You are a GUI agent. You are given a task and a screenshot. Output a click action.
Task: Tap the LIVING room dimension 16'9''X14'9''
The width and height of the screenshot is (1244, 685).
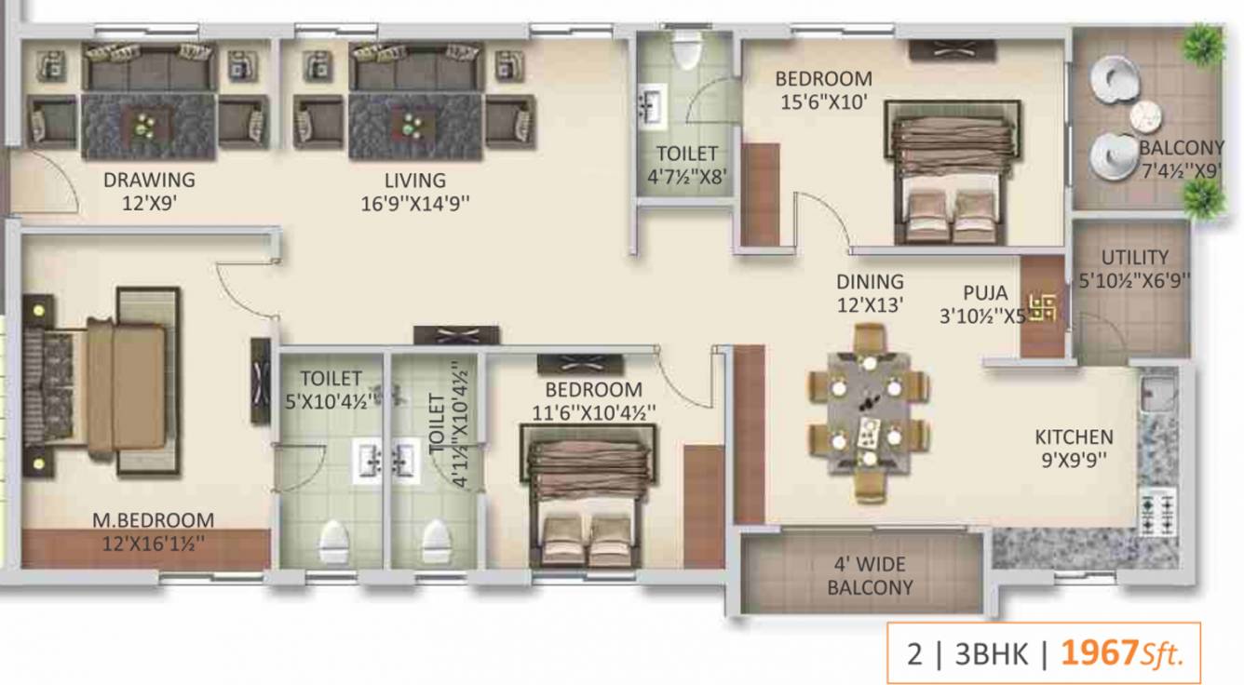click(x=415, y=204)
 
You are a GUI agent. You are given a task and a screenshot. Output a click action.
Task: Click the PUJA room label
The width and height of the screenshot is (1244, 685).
click(x=985, y=294)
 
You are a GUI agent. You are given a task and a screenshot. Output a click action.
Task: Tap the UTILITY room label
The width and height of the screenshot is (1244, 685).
click(x=1134, y=257)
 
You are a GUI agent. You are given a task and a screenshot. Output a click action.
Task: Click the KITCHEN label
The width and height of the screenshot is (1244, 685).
click(x=1074, y=437)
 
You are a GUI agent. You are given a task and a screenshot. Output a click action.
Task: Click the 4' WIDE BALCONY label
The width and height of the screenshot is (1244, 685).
click(x=870, y=576)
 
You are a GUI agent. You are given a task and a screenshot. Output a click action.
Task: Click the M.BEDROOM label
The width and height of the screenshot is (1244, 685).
click(x=153, y=520)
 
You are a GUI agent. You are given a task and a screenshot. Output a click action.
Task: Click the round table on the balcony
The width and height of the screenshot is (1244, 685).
click(x=1145, y=116)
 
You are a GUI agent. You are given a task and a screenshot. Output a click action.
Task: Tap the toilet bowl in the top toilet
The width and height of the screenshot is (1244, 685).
click(x=686, y=50)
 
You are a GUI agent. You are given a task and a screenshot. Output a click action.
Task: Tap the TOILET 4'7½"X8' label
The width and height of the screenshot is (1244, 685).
click(x=687, y=163)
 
